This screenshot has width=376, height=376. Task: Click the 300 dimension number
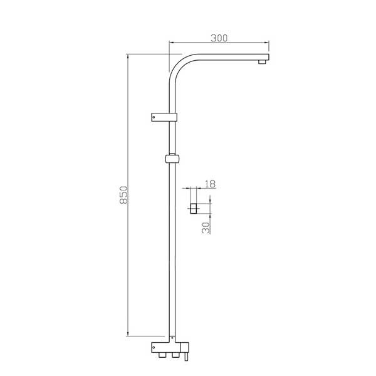click(x=219, y=38)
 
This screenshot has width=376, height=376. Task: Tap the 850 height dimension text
click(x=123, y=195)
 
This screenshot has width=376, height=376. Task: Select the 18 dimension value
click(x=211, y=184)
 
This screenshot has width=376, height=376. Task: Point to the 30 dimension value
click(x=206, y=227)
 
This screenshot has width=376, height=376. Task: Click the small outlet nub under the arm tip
click(x=262, y=62)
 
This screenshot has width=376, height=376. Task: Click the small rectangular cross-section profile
click(x=193, y=209)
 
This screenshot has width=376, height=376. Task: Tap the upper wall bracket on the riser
click(x=164, y=117)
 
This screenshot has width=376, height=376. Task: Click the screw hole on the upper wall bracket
click(x=154, y=117)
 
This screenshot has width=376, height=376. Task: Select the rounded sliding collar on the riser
click(x=172, y=159)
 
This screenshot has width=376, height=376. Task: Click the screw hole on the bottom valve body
click(x=154, y=347)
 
